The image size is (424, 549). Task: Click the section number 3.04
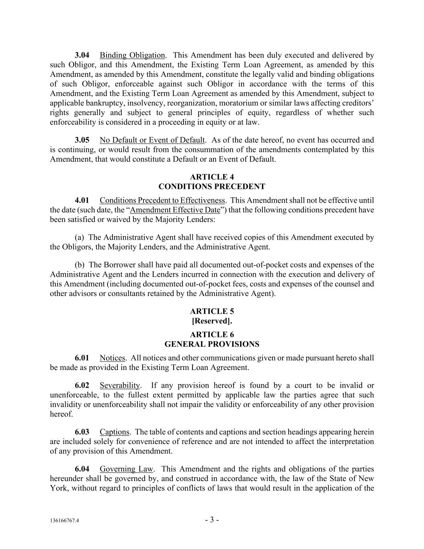82,55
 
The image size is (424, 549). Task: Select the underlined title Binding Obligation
132,55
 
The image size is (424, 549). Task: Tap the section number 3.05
82,140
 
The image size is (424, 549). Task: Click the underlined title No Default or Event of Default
152,140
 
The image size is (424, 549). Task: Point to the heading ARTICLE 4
212,177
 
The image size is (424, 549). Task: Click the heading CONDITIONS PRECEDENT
212,187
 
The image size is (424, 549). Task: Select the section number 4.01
82,200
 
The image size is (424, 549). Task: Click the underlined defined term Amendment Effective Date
175,210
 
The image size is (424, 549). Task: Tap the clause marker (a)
79,237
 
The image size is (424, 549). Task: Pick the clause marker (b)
80,265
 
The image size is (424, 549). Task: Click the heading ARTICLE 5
212,311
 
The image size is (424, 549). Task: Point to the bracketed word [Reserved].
212,321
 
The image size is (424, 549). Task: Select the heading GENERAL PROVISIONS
212,344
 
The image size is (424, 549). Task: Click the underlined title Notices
113,358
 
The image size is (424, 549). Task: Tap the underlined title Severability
120,385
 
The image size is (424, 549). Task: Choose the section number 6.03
82,432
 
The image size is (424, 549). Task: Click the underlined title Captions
115,432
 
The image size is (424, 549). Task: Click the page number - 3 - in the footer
212,520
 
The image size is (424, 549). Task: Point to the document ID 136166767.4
65,520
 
